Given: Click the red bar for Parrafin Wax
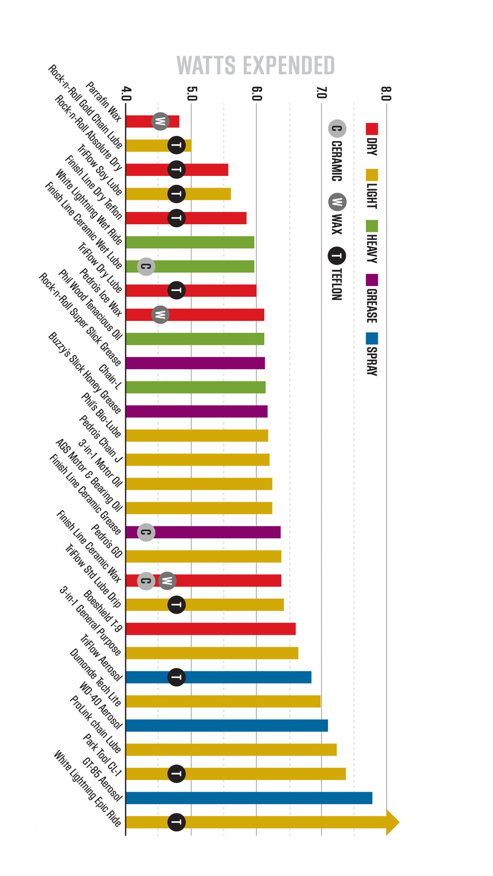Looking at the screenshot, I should [152, 121].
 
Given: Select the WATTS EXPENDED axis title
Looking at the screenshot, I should [255, 65].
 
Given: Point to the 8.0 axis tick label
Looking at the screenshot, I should [386, 93].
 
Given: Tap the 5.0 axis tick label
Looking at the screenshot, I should [192, 93].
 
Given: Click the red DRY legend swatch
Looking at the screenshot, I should [372, 129].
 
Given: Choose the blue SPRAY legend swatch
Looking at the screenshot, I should [372, 338].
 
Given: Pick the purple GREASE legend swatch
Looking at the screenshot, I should [372, 280].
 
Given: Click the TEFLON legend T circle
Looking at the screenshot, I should [337, 256].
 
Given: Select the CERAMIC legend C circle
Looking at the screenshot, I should [337, 129].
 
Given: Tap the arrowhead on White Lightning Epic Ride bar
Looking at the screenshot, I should [392, 822].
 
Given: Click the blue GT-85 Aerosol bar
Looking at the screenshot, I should [249, 798].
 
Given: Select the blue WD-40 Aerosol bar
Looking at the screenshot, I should [227, 725].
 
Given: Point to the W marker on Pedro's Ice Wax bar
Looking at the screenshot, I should [160, 314].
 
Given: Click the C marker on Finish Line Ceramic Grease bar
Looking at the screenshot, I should [146, 532].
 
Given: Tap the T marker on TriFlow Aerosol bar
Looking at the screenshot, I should [176, 677].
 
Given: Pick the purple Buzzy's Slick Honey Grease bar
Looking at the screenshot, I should [196, 411].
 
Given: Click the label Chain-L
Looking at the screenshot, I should [110, 377].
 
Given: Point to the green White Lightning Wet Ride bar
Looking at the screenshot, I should [190, 242].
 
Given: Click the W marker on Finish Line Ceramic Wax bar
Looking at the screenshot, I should [167, 581].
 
